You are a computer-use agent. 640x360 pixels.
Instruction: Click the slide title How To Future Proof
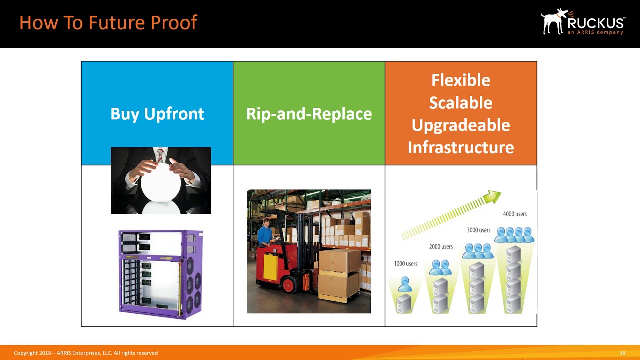point(108,23)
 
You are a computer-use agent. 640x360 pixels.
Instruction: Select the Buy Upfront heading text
point(157,114)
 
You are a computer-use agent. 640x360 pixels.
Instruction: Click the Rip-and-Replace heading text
point(309,114)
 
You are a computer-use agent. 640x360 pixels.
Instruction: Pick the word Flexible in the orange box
point(461,80)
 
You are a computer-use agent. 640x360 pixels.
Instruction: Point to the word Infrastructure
point(461,147)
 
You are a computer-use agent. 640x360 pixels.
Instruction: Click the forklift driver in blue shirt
point(265,233)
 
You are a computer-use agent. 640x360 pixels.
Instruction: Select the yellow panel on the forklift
point(270,267)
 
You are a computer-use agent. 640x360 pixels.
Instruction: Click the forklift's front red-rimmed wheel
point(289,285)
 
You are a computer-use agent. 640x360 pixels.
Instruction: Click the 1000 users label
point(405,264)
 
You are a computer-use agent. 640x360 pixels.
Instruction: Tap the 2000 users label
point(441,247)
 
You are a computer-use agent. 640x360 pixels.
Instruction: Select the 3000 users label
point(478,230)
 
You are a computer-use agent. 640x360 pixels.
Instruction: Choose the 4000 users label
point(515,214)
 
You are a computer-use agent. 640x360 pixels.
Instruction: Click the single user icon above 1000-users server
point(405,284)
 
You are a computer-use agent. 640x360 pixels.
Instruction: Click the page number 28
point(622,353)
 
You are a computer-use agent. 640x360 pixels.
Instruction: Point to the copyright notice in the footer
point(86,353)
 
